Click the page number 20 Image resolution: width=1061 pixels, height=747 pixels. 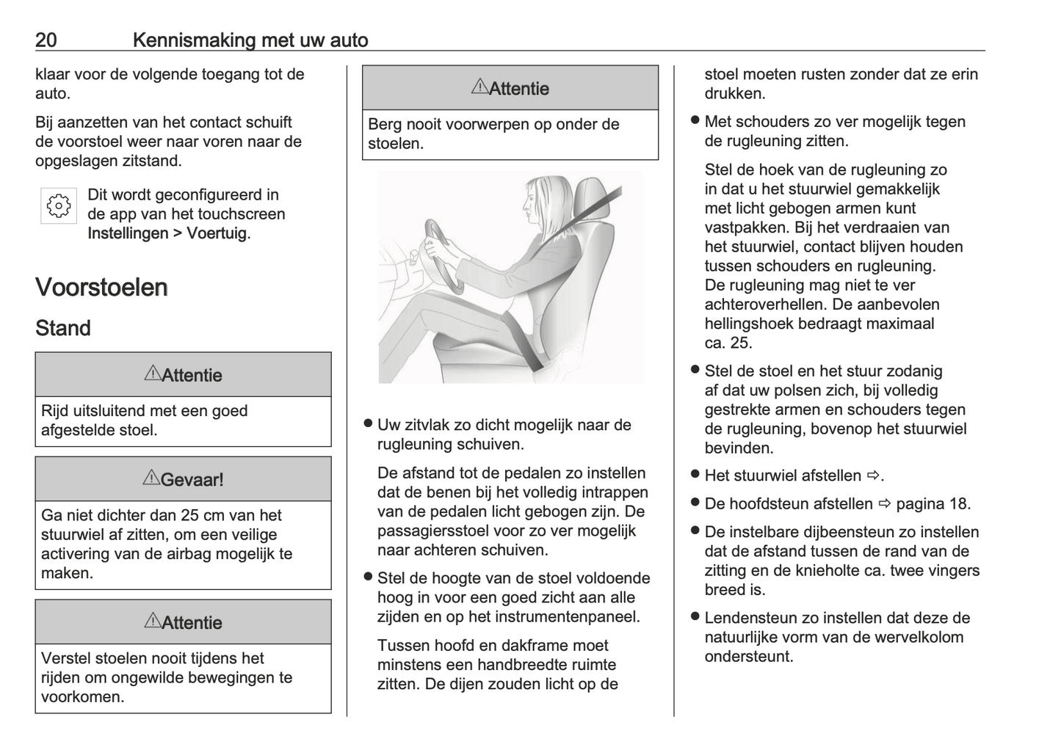point(46,40)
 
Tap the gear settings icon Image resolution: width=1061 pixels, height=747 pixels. point(58,206)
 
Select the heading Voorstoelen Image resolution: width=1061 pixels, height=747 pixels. point(101,287)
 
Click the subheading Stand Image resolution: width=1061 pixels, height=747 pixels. point(63,328)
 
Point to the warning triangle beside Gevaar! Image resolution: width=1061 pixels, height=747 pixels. point(151,478)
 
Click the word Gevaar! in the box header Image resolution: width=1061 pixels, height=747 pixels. point(192,480)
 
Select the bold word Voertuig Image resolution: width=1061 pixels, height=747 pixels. point(217,233)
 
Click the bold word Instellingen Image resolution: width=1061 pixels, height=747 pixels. point(128,233)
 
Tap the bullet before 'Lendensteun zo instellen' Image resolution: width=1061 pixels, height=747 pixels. point(694,617)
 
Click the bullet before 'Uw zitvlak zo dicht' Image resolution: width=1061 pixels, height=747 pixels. point(368,424)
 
